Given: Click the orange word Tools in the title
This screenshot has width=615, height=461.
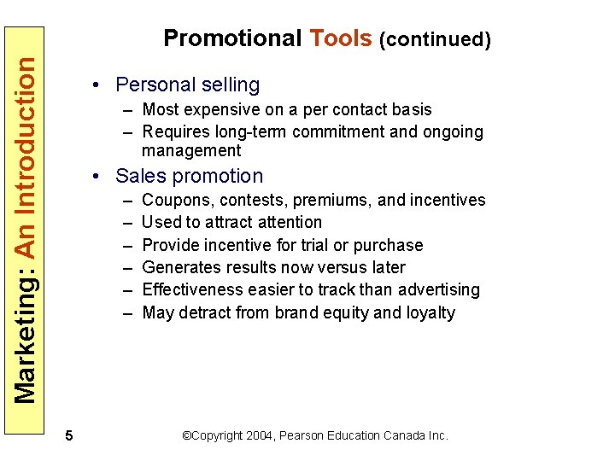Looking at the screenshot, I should click(x=341, y=38).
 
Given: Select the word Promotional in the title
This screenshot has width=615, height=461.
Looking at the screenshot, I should click(x=232, y=38).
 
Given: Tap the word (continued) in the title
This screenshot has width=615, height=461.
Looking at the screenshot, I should click(x=435, y=39).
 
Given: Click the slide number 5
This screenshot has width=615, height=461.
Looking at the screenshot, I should click(x=68, y=436).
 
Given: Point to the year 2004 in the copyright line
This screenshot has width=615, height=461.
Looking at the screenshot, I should click(x=259, y=435).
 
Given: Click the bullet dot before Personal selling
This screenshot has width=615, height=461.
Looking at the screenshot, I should click(x=100, y=85).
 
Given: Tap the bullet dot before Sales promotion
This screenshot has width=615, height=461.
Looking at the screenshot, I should click(x=100, y=176).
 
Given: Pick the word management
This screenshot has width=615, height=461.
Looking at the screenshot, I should click(x=191, y=151).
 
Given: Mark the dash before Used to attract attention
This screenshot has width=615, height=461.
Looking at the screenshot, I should click(x=126, y=223).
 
